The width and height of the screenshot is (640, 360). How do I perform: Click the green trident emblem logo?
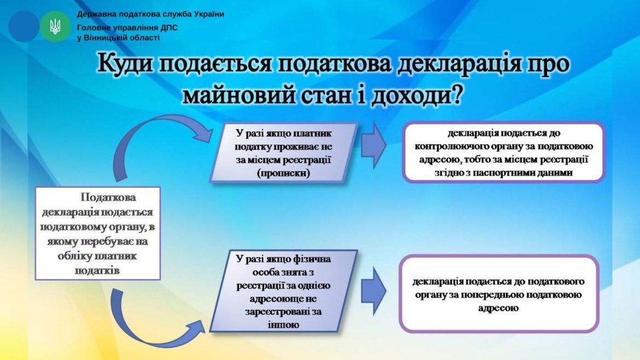pos(55,26)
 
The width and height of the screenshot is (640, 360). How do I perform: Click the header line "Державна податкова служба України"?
pos(150,14)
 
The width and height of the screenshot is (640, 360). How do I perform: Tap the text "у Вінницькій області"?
pos(119,38)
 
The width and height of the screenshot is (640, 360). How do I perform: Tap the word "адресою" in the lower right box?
pos(498,308)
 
